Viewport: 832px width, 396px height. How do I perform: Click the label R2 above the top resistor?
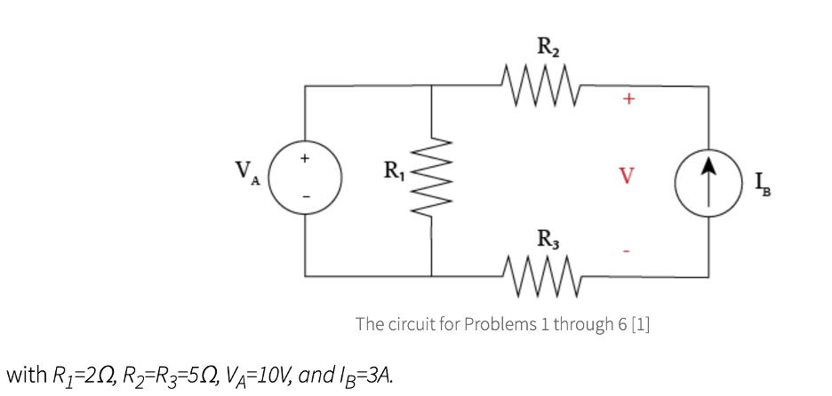[x=548, y=46]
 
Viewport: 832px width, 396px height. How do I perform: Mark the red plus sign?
[x=628, y=100]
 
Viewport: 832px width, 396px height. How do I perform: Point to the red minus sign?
[x=628, y=252]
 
